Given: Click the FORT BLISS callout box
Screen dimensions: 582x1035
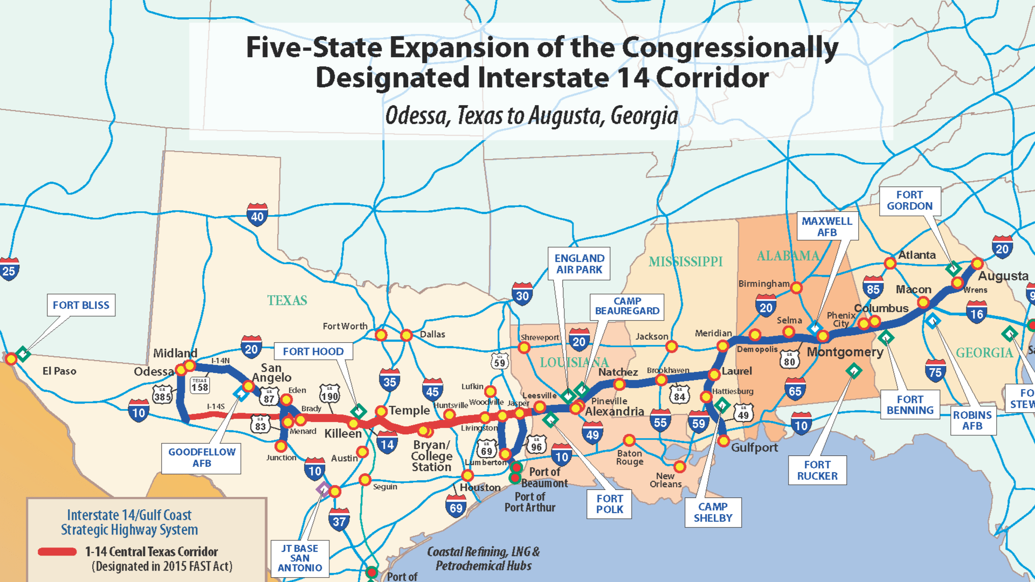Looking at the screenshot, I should point(81,305).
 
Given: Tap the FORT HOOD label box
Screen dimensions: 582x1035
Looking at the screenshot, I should point(313,351).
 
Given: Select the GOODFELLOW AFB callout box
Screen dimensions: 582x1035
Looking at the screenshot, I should point(202,458).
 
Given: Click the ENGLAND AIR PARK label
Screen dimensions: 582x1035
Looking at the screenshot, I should point(579,264).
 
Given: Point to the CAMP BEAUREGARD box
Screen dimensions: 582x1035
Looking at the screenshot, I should point(627,306).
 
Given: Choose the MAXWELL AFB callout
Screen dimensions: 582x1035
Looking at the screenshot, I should point(827,226).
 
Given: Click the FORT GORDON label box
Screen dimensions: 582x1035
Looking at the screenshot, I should point(909,200).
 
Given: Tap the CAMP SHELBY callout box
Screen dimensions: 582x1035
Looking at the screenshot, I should point(713,512).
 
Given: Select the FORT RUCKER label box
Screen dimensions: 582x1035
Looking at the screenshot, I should point(817,470).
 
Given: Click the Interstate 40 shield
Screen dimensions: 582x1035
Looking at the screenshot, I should point(257,216).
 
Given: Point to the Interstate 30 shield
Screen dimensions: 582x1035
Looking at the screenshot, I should point(522,294).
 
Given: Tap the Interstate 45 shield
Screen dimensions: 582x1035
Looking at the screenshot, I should point(432,390).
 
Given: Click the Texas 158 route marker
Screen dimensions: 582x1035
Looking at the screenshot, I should point(199,385).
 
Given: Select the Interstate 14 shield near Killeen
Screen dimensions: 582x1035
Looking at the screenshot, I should point(387,443).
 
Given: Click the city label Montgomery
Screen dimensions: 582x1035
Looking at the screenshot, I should point(845,352).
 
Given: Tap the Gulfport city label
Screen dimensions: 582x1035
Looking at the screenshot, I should point(754,447).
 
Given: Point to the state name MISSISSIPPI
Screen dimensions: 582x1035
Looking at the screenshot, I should point(685,262).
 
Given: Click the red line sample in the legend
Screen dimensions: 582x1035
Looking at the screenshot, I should point(57,551).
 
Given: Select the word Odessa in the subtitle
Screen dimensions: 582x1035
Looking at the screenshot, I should point(416,116).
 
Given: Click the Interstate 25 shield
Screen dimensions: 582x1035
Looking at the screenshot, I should point(9,269).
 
